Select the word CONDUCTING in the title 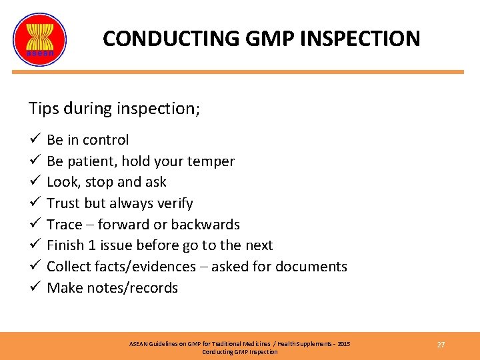point(169,39)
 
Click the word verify point(173,203)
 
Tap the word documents point(313,267)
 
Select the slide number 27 point(441,345)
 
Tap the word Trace point(65,225)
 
